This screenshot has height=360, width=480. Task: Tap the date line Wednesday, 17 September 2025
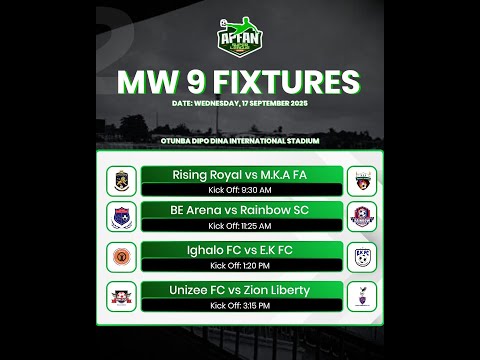240,103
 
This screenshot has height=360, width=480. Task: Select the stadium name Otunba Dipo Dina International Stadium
240,141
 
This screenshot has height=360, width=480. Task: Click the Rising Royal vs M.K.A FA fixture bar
241,176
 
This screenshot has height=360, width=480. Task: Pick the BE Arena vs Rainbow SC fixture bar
241,210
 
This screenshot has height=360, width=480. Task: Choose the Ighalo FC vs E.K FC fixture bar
241,250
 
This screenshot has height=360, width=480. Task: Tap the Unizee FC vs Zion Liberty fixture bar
241,290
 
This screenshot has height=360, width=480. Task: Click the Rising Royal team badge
121,181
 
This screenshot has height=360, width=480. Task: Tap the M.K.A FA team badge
360,181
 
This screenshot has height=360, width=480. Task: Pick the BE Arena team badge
121,217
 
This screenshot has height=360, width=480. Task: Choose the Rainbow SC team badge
360,217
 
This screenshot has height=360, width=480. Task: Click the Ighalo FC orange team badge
121,255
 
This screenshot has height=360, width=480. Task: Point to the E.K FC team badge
360,255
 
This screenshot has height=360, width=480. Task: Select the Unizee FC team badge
121,295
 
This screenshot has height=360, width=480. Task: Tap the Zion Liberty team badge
360,295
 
